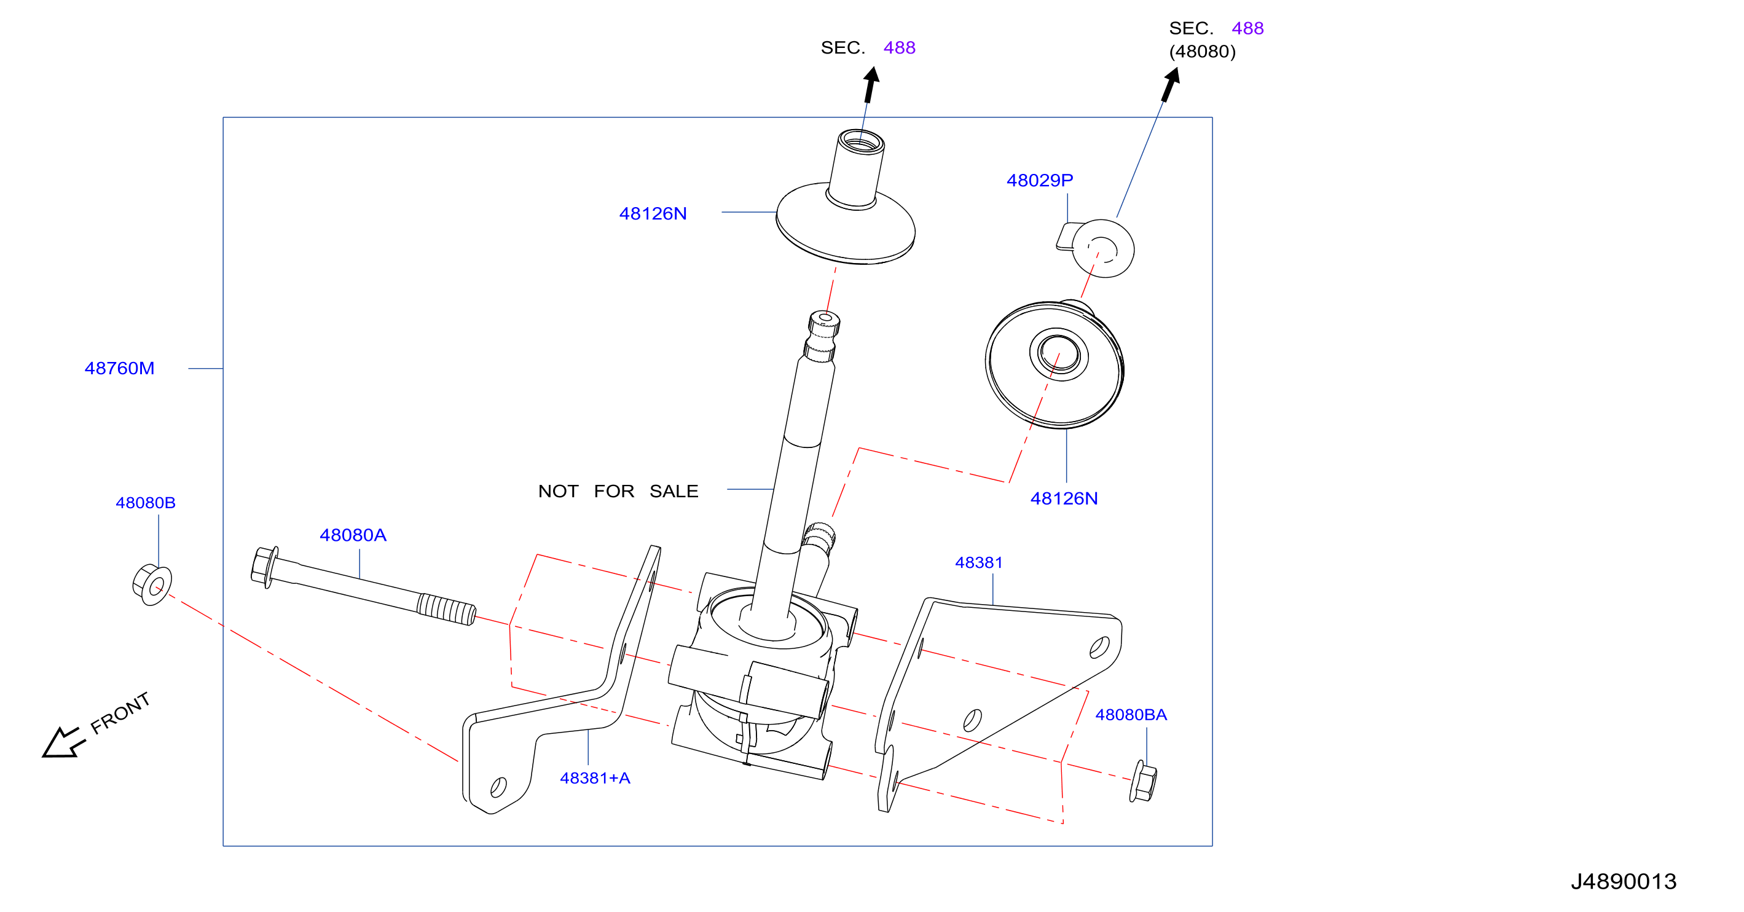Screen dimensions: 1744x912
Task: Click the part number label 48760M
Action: [x=119, y=368]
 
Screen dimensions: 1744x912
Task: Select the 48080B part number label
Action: [x=146, y=503]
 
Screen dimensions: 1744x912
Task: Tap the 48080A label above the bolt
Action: [x=353, y=535]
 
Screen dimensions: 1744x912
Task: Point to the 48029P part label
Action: [x=1039, y=180]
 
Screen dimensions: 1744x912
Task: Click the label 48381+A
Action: [x=595, y=778]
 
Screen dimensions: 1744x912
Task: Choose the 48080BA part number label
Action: [x=1131, y=714]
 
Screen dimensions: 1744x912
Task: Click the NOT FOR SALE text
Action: [x=618, y=491]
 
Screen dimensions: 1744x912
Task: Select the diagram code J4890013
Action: [x=1624, y=881]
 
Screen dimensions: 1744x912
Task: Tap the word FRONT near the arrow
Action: [x=120, y=713]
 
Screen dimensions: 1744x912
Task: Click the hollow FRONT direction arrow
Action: [x=62, y=743]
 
